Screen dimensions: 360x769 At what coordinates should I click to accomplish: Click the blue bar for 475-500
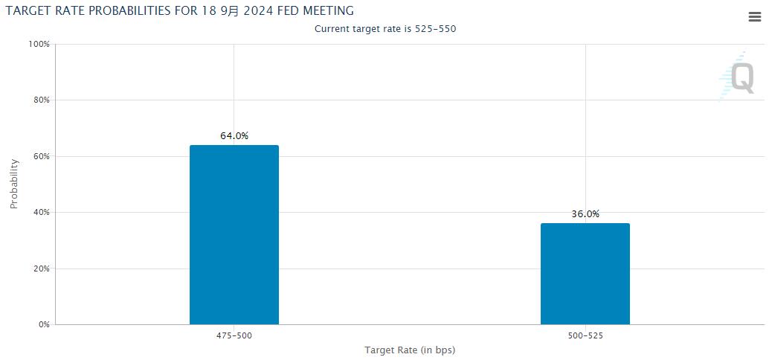point(234,234)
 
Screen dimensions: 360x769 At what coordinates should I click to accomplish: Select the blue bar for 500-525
point(585,274)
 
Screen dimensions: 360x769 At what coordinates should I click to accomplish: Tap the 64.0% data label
point(234,136)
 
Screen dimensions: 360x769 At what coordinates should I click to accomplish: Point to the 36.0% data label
point(585,214)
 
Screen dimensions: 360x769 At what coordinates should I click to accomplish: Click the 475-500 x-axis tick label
point(234,336)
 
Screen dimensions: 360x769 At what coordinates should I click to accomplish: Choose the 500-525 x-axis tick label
point(585,336)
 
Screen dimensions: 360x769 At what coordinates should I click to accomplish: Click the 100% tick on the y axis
point(39,44)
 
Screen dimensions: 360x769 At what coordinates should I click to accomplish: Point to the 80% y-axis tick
point(41,100)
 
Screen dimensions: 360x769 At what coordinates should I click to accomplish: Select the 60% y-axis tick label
point(41,156)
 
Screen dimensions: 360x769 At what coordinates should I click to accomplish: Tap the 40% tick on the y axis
point(41,213)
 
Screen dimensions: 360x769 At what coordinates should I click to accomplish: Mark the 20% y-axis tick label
point(41,269)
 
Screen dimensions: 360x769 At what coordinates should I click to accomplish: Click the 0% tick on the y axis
point(43,325)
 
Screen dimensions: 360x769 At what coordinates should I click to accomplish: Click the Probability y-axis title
point(14,184)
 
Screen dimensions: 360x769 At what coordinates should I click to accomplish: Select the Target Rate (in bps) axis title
point(410,350)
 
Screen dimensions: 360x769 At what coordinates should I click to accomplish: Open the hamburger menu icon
point(754,18)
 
